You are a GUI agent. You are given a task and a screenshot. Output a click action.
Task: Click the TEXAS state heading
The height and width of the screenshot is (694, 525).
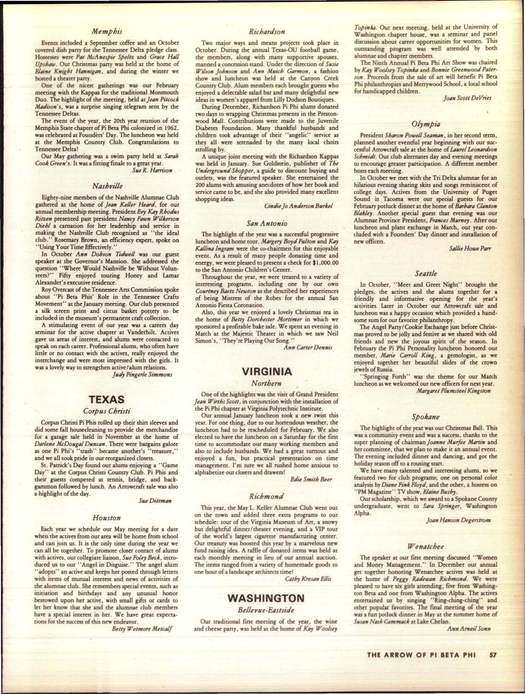click(106, 399)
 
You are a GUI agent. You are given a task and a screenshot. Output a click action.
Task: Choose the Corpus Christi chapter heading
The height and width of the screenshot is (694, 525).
click(106, 411)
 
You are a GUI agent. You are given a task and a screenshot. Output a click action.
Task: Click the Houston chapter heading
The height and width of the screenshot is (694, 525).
click(107, 518)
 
